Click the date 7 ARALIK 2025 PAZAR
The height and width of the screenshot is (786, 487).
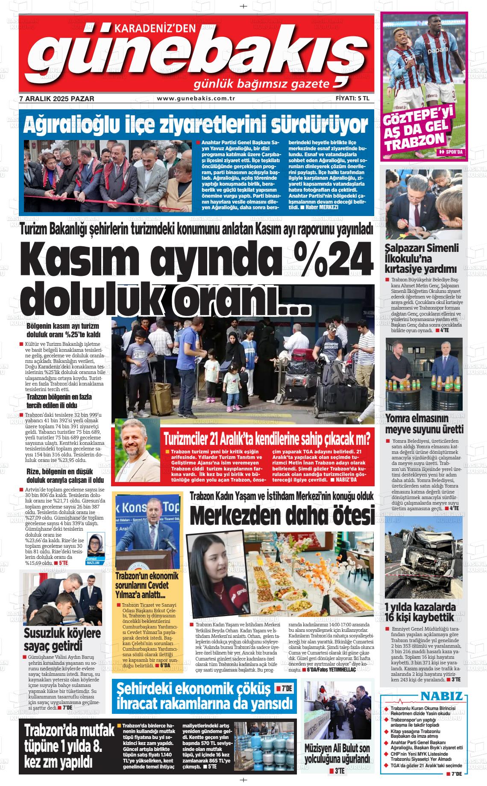57,99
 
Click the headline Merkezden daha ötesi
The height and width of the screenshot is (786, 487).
282,515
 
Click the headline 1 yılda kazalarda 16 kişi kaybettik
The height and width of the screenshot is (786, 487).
420,612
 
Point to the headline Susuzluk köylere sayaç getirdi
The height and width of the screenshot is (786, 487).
62,638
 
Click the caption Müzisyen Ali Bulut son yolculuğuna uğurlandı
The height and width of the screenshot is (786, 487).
337,754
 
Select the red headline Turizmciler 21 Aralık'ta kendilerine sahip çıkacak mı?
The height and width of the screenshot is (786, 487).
267,438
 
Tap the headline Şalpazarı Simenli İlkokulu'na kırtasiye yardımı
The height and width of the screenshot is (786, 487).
421,258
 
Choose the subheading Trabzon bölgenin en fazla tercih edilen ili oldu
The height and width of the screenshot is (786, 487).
59,401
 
